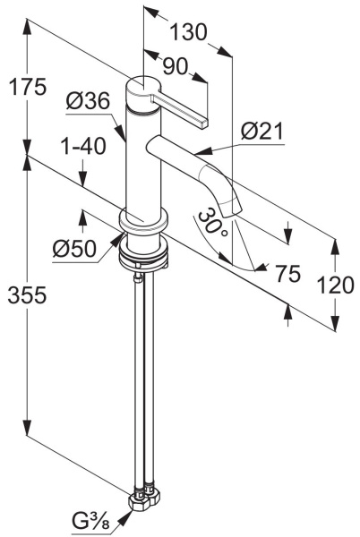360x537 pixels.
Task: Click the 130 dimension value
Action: pos(188,32)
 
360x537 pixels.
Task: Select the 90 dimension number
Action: pos(175,66)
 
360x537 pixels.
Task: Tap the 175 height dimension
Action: pos(27,87)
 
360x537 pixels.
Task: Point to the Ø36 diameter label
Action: pos(89,100)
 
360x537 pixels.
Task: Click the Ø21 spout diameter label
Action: pos(262,132)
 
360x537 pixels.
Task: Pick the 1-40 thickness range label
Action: pos(83,147)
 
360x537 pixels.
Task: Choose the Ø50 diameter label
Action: pos(74,248)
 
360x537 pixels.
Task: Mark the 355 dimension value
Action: pos(27,294)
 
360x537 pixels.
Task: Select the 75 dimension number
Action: pos(288,274)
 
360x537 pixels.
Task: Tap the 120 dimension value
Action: pos(336,286)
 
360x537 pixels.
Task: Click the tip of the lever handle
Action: pos(203,124)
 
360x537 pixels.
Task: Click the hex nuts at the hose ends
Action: pos(143,500)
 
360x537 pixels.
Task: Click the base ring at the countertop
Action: pos(143,222)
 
